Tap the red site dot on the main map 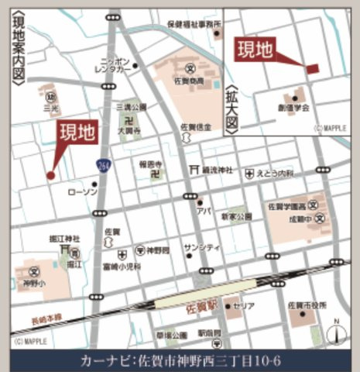coord(50,176)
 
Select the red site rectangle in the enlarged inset coord(311,69)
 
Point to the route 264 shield coord(103,164)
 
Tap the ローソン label coord(82,191)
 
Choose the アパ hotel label coord(204,209)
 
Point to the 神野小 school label coord(33,283)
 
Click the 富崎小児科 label coord(121,265)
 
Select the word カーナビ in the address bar coord(106,360)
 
